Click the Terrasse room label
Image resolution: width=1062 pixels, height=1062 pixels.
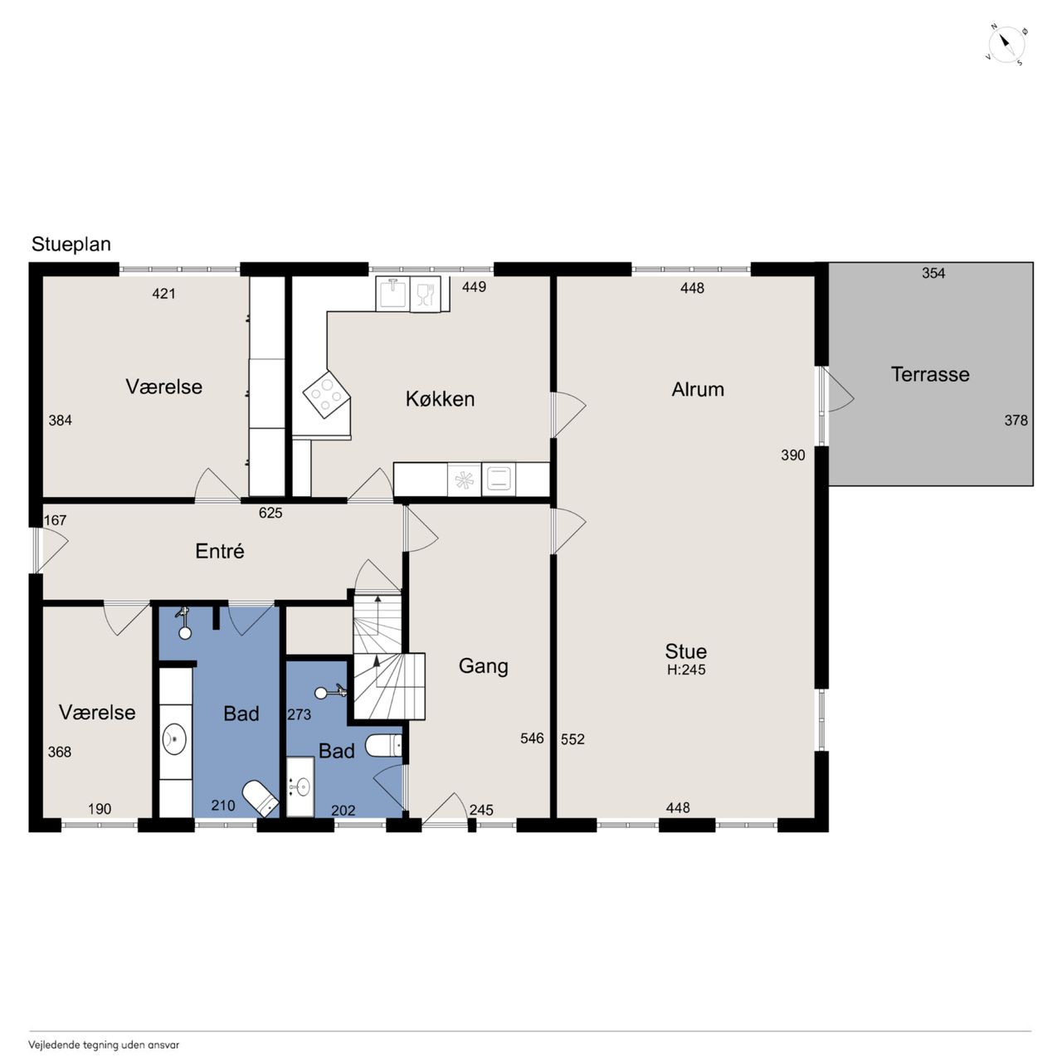(930, 375)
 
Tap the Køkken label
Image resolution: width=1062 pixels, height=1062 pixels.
(440, 398)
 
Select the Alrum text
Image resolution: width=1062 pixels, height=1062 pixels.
(697, 390)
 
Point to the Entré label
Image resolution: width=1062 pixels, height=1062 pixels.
(219, 551)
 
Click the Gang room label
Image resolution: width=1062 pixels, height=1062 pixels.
(483, 666)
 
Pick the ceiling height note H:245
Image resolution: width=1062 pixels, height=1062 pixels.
(686, 670)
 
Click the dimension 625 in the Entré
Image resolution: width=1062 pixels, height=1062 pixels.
(270, 513)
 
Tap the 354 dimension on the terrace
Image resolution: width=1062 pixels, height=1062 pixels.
(933, 273)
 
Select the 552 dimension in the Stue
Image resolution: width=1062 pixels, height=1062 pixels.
(572, 739)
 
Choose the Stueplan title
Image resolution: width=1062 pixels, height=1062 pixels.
(71, 244)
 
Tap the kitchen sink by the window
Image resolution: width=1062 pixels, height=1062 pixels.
(392, 293)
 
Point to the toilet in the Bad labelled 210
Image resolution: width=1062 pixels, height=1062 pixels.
(261, 798)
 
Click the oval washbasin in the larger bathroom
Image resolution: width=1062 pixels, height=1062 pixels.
(174, 738)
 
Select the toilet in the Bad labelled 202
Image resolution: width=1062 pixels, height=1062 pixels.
(384, 746)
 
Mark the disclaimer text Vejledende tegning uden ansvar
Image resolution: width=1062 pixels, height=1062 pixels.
(104, 1045)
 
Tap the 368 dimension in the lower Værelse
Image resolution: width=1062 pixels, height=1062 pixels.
(60, 753)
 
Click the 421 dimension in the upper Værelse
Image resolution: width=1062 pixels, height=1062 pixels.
(163, 294)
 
